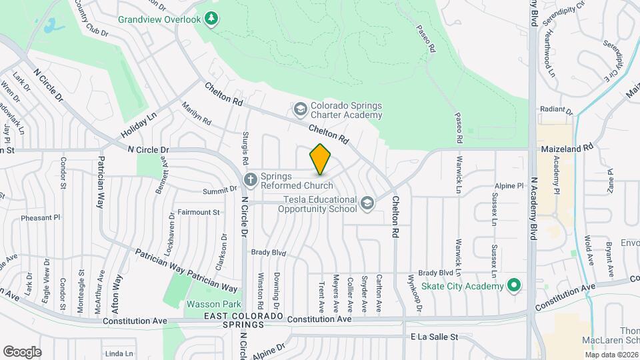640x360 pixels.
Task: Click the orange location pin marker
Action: click(321, 159)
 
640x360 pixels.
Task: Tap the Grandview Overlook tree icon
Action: click(212, 19)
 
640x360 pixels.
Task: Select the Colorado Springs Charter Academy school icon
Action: click(301, 108)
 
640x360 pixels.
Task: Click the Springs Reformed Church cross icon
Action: click(250, 179)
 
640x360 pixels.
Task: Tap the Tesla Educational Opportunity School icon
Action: click(366, 203)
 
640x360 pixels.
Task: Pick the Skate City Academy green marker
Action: click(513, 286)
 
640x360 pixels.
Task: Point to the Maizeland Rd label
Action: click(567, 148)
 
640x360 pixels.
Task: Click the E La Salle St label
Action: click(435, 337)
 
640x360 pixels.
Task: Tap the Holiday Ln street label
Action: click(139, 124)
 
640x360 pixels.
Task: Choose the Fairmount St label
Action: click(199, 212)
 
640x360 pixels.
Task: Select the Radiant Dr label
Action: click(557, 109)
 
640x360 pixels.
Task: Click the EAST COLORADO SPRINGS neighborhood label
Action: click(243, 319)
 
